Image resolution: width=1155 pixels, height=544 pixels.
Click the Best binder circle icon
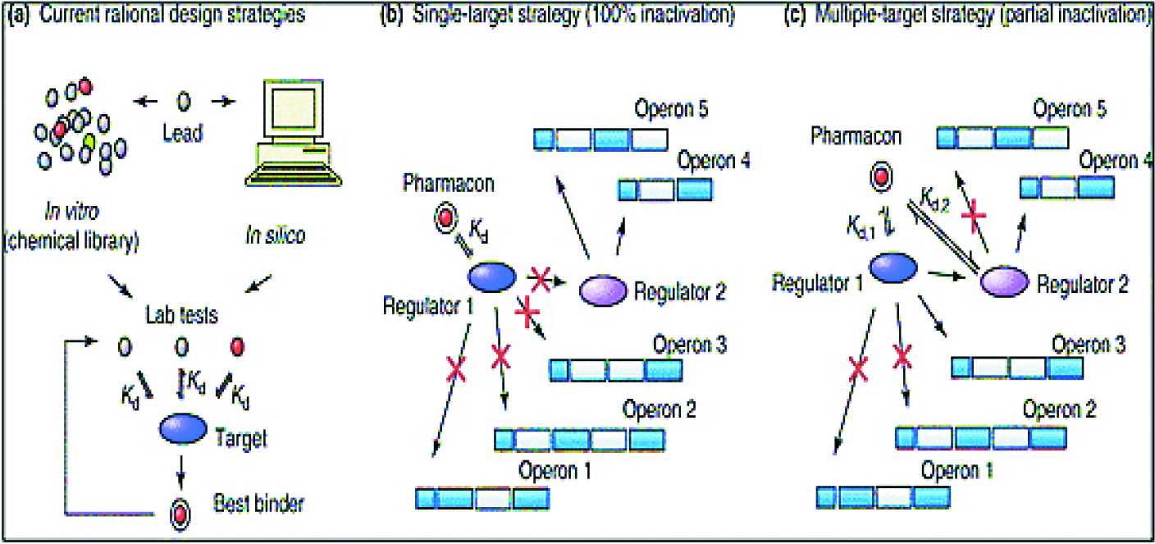(x=180, y=514)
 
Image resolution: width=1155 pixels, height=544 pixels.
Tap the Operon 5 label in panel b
(x=669, y=109)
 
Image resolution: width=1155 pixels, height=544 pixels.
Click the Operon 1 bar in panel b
(x=482, y=498)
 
